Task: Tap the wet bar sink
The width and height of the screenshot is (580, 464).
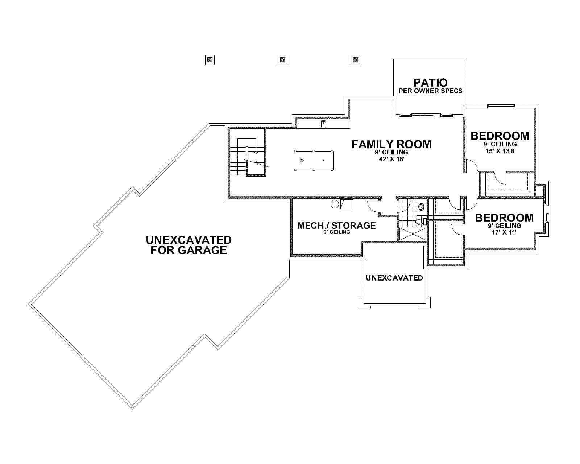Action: click(x=324, y=124)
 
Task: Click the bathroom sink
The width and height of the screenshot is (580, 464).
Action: click(x=421, y=207)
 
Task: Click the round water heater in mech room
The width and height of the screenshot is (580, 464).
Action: click(x=335, y=204)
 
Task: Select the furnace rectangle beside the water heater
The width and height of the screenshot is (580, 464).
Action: click(x=347, y=204)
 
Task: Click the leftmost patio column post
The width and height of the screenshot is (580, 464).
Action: click(x=210, y=60)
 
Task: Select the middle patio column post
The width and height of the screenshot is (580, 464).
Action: click(x=283, y=60)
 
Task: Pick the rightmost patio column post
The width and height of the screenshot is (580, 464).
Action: click(x=356, y=60)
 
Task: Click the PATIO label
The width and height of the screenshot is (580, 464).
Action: click(x=430, y=83)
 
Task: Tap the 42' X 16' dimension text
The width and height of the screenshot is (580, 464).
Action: click(x=391, y=159)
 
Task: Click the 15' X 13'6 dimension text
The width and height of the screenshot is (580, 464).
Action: click(x=500, y=151)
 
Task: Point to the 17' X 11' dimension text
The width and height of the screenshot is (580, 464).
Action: click(x=504, y=232)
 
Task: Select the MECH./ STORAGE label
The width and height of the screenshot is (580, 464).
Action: click(x=336, y=225)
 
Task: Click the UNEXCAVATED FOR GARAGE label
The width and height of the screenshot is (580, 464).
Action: click(x=188, y=245)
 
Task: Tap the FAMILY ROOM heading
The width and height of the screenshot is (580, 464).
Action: click(x=391, y=144)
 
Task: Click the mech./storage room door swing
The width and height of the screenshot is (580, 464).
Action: click(x=373, y=208)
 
